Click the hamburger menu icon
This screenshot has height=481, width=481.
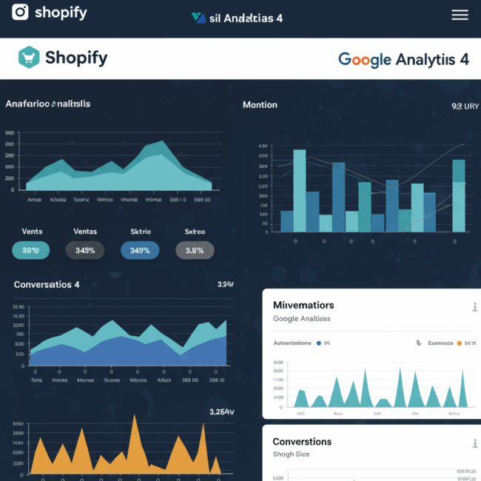[x=460, y=15]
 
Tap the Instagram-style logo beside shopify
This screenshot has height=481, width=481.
[x=20, y=13]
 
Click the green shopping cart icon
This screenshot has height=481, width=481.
[x=28, y=58]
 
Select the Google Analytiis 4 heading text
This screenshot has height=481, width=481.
[x=403, y=59]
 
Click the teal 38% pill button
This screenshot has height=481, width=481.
[x=31, y=250]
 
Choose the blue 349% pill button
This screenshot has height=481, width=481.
[x=140, y=250]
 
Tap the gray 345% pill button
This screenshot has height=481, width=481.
[x=85, y=250]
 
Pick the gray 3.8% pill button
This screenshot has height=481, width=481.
[x=195, y=250]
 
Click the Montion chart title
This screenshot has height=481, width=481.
[x=260, y=105]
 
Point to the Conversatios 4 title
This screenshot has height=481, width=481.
[x=47, y=284]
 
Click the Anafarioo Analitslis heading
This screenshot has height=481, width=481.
[x=48, y=104]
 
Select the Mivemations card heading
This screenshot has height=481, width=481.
[x=303, y=305]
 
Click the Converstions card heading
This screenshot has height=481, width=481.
[x=302, y=442]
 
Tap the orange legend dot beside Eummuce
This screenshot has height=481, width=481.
[x=459, y=343]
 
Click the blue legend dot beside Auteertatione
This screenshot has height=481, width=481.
[x=318, y=343]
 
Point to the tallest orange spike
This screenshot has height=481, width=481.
[x=135, y=418]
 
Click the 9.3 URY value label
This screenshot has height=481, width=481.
[x=465, y=107]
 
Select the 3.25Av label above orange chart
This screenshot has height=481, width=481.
[x=221, y=411]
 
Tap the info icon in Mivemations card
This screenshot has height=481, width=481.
[x=474, y=307]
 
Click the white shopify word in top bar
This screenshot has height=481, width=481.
[x=61, y=13]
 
